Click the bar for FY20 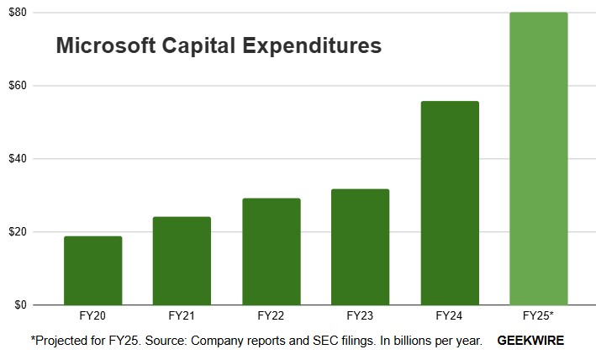[92, 270]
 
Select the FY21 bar [182, 261]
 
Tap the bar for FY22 [271, 251]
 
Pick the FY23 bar [360, 246]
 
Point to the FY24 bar [449, 203]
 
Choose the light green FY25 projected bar [538, 158]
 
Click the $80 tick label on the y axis [17, 13]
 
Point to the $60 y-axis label [17, 86]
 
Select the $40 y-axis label [17, 159]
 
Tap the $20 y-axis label [17, 232]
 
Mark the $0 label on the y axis [19, 304]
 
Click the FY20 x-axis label [92, 317]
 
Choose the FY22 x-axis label [271, 317]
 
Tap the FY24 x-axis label [449, 317]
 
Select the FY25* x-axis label [538, 317]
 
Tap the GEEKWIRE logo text [530, 341]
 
